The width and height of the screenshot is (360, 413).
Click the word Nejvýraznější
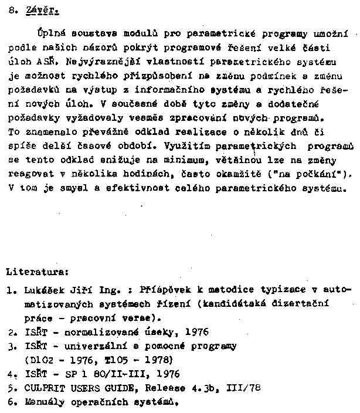coord(89,60)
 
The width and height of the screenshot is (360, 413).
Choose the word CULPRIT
coord(44,388)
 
